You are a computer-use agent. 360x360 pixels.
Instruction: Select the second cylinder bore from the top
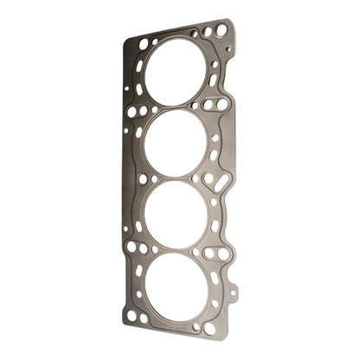pos(176,140)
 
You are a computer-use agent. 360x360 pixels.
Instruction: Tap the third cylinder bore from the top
pos(177,212)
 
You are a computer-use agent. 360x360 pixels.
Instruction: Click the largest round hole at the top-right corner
pos(222,30)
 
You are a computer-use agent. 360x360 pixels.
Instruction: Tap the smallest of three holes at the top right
pos(195,35)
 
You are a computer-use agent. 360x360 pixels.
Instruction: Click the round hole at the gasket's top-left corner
pos(144,42)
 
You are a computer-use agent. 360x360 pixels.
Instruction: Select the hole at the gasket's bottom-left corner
pos(132,316)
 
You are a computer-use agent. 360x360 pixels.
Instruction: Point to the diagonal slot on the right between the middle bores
pos(221,180)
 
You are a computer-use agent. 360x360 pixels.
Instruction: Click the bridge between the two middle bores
pos(177,176)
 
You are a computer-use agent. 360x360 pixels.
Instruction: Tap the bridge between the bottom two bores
pos(177,247)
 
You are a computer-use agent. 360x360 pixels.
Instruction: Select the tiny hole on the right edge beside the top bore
pos(228,50)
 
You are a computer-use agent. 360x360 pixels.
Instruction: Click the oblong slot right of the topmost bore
pos(214,80)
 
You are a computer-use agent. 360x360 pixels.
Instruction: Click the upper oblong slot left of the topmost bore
pos(139,69)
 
